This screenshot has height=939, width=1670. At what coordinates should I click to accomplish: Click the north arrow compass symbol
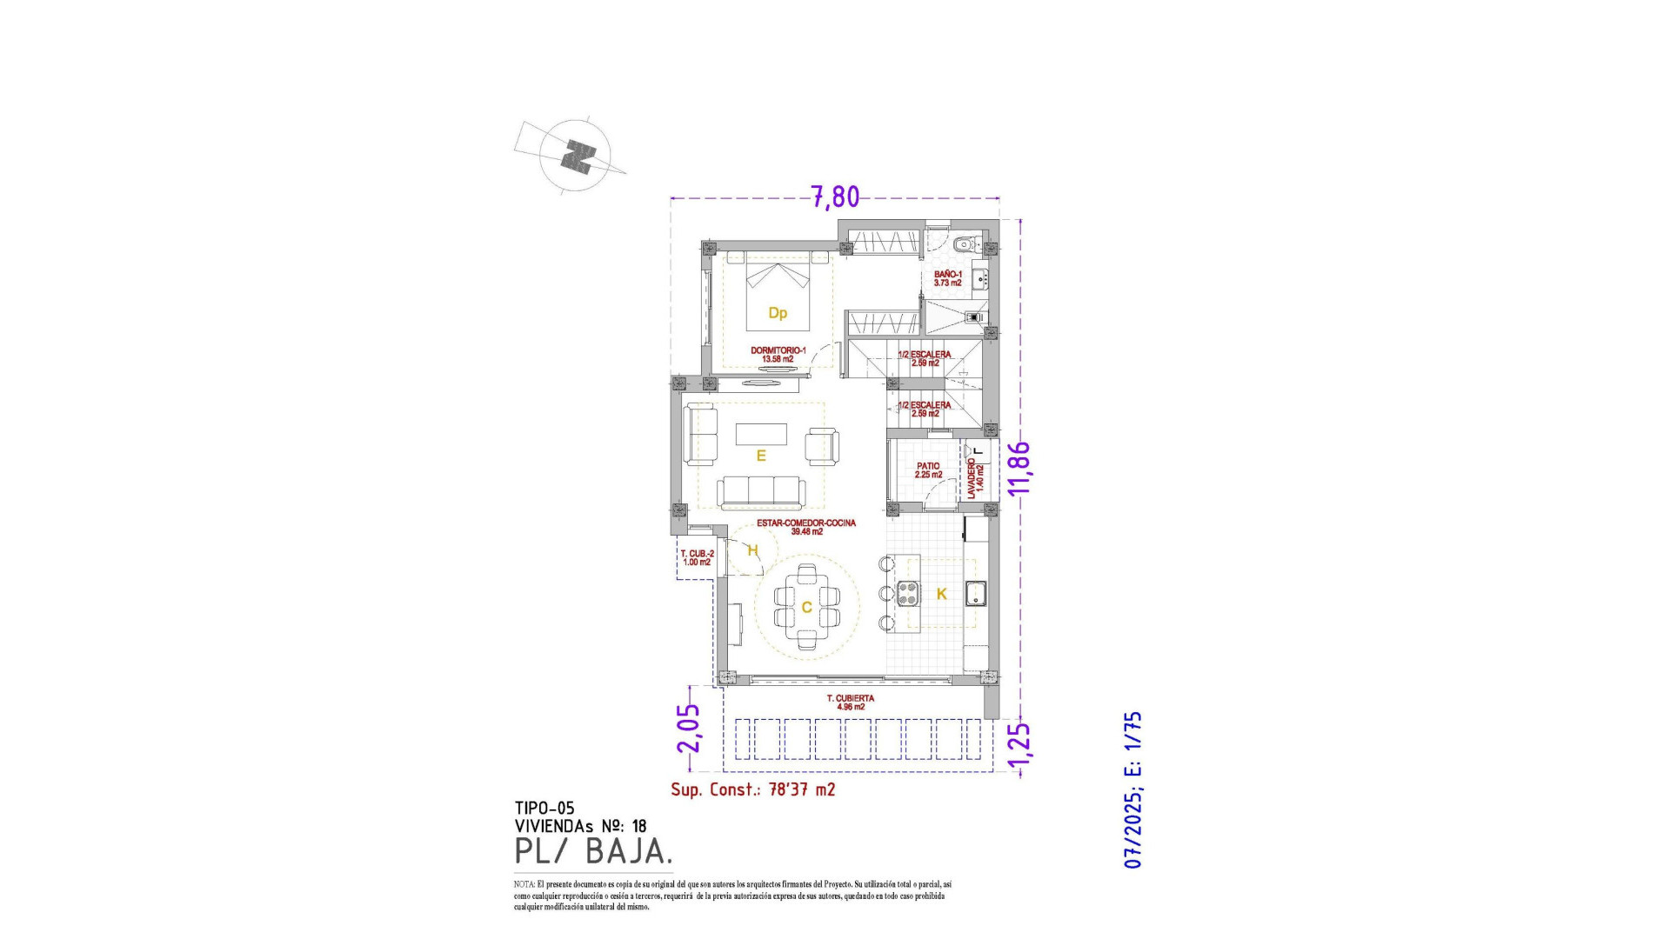(x=575, y=156)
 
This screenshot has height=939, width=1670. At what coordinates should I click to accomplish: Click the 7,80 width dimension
(x=835, y=197)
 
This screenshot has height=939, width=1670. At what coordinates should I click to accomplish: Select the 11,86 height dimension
(x=1019, y=468)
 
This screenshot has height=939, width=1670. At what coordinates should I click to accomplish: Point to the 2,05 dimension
(x=689, y=728)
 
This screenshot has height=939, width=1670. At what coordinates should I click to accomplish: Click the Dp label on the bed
(x=778, y=313)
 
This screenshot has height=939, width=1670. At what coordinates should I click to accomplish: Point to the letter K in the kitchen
(x=941, y=595)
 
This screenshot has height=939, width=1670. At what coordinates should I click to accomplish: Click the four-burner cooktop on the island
(x=908, y=593)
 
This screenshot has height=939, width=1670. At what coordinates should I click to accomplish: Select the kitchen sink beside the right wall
(x=974, y=593)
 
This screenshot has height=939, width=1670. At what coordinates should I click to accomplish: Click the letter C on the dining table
(x=806, y=607)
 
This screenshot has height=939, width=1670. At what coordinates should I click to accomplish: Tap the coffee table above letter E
(x=761, y=434)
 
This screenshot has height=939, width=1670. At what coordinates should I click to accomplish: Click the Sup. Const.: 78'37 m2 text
(x=752, y=789)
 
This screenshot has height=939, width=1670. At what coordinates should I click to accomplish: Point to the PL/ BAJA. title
(x=593, y=851)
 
